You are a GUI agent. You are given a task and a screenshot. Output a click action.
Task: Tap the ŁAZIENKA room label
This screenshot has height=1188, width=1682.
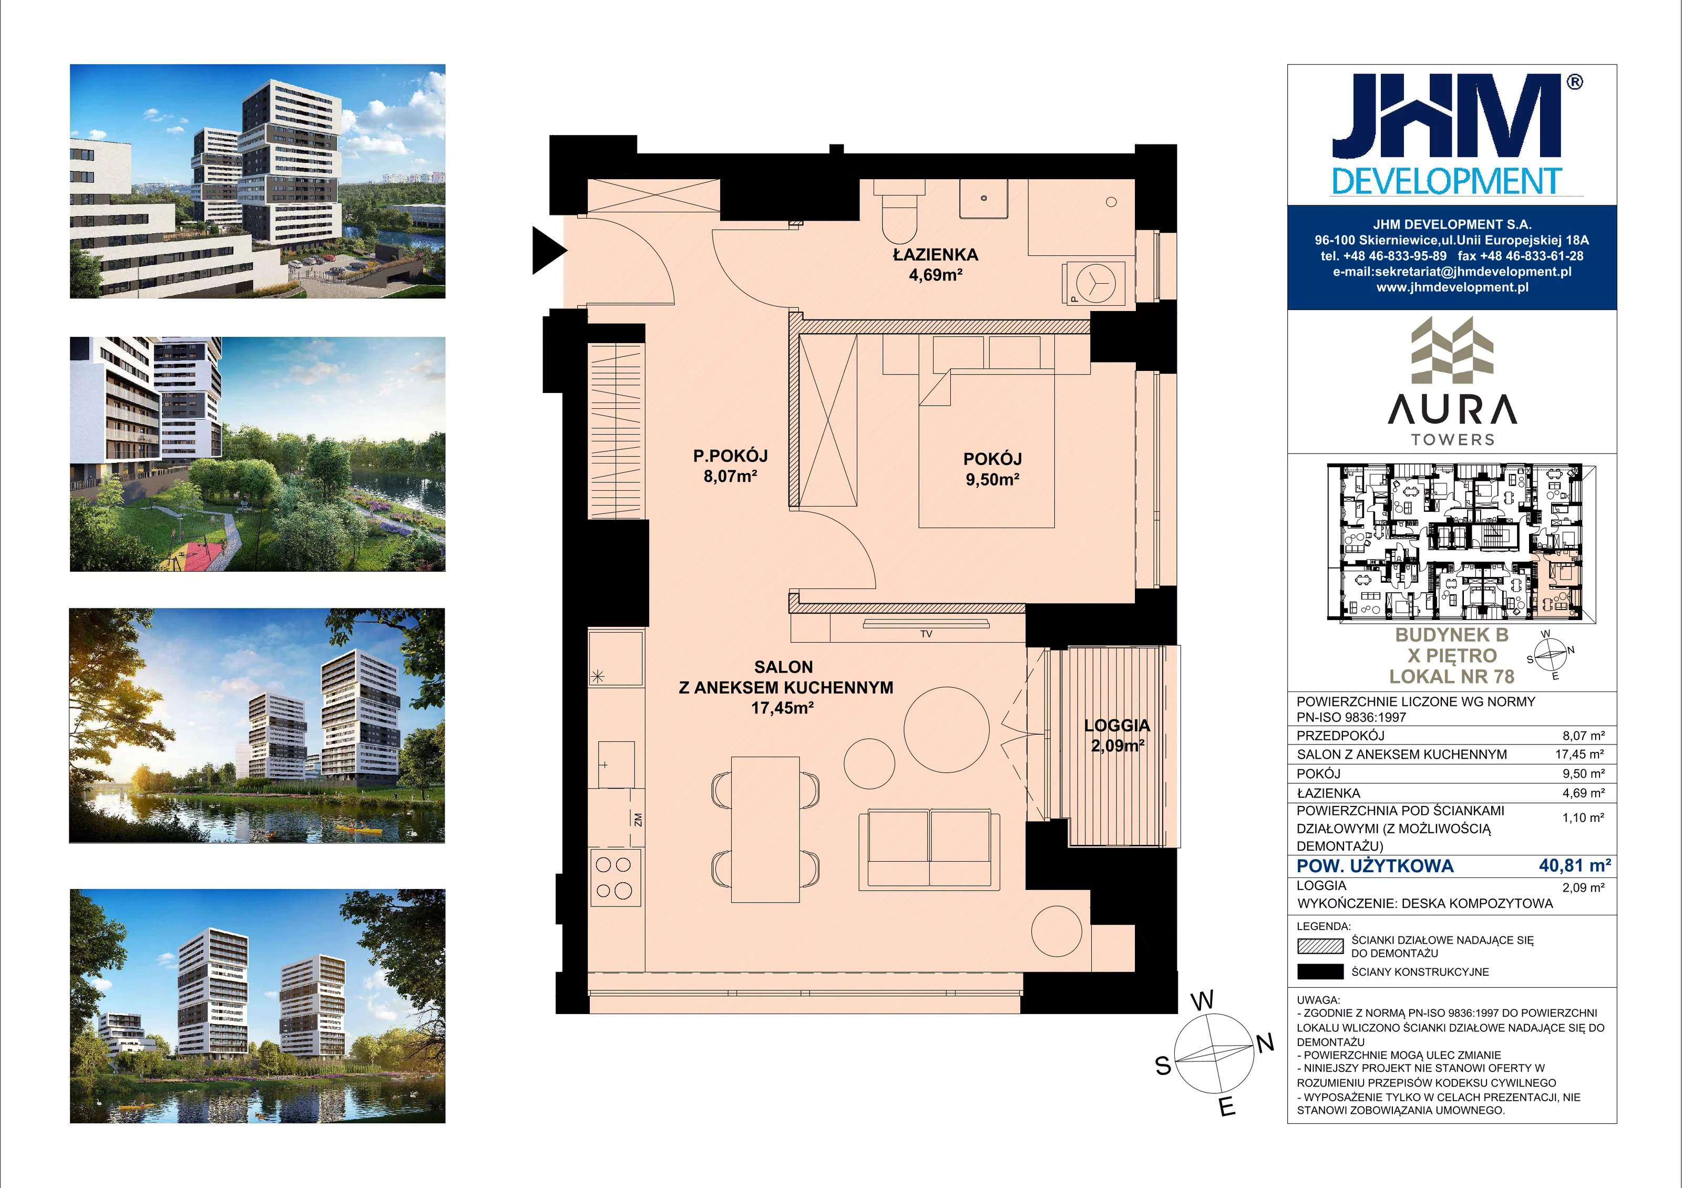(936, 255)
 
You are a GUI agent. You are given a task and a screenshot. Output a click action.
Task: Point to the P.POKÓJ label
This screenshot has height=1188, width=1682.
(731, 456)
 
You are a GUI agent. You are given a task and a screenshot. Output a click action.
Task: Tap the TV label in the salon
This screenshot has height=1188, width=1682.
(926, 634)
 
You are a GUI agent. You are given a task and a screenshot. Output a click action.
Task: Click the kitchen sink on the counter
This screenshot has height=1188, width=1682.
(616, 765)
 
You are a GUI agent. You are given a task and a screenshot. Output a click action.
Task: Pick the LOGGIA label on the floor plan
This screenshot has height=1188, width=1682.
(1117, 725)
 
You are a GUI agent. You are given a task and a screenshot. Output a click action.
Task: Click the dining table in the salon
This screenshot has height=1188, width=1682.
(765, 830)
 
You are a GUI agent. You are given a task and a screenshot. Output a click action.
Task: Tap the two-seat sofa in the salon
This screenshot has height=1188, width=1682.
(929, 850)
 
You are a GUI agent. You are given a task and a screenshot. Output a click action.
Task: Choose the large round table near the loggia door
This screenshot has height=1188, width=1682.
(947, 729)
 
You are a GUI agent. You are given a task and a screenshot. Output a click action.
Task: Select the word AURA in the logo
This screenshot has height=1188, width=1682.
(1452, 409)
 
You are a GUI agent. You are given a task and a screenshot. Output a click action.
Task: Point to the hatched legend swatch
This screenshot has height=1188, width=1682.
(1320, 946)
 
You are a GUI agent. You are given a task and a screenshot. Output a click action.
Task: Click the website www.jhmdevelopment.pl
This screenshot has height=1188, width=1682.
(1452, 287)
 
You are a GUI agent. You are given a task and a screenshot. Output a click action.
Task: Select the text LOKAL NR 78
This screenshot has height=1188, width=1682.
(1452, 677)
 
